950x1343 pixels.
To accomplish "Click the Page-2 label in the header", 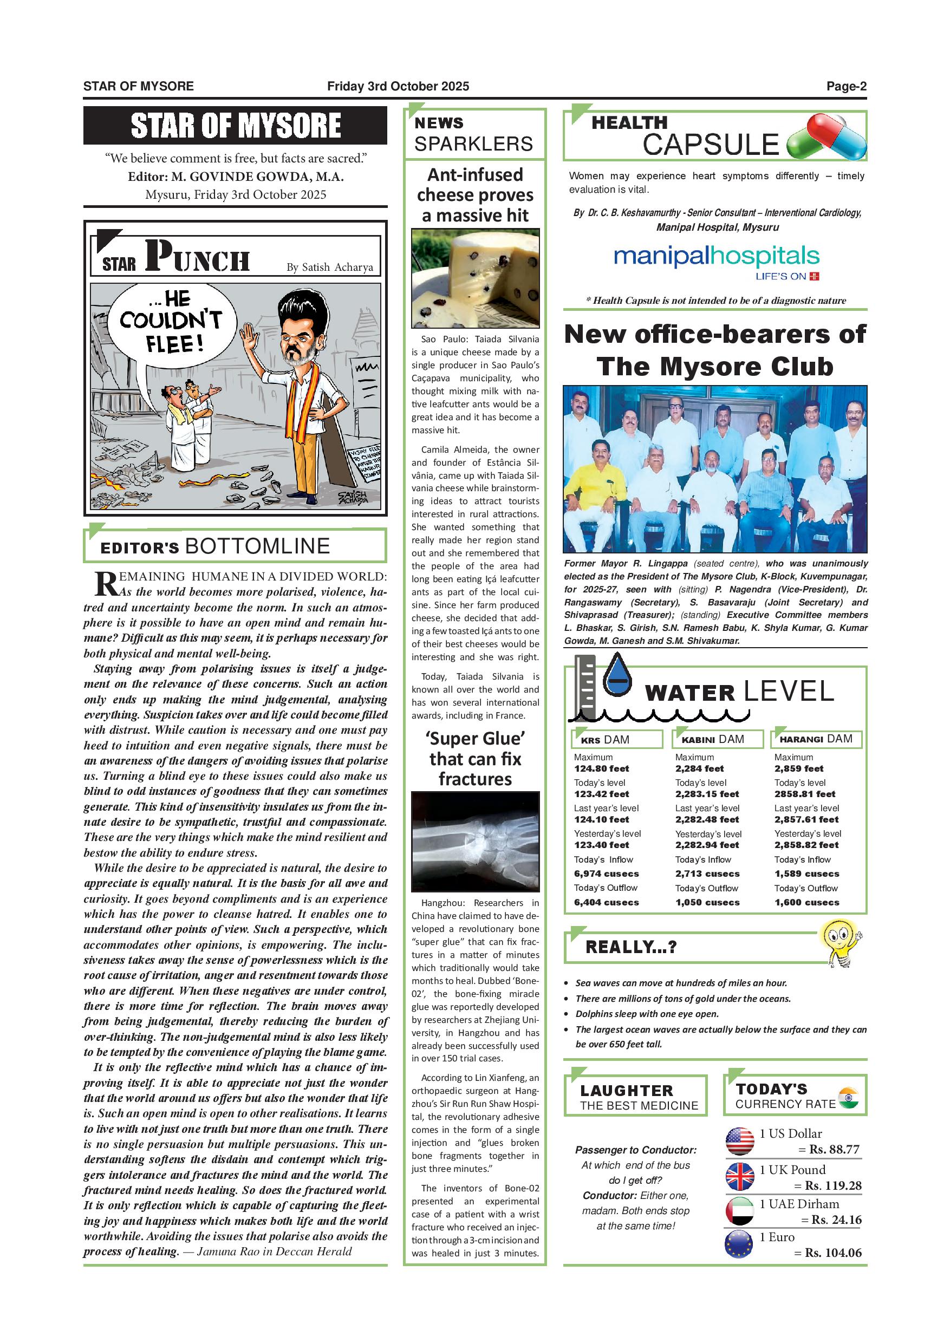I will coord(846,87).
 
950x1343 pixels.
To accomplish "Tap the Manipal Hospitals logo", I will coord(716,262).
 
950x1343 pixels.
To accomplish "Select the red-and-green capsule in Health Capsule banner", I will coord(811,137).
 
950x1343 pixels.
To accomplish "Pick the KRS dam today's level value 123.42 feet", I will coord(601,794).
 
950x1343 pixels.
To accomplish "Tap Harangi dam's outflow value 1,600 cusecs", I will coord(806,903).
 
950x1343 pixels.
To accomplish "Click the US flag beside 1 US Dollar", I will coord(739,1140).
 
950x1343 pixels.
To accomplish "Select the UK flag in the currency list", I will coord(739,1176).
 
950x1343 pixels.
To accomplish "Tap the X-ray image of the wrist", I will coord(475,841).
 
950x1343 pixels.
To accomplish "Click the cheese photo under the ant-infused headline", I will coord(475,278).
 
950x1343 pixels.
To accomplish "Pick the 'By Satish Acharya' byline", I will coord(329,268).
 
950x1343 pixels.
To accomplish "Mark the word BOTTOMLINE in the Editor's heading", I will coord(257,546).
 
